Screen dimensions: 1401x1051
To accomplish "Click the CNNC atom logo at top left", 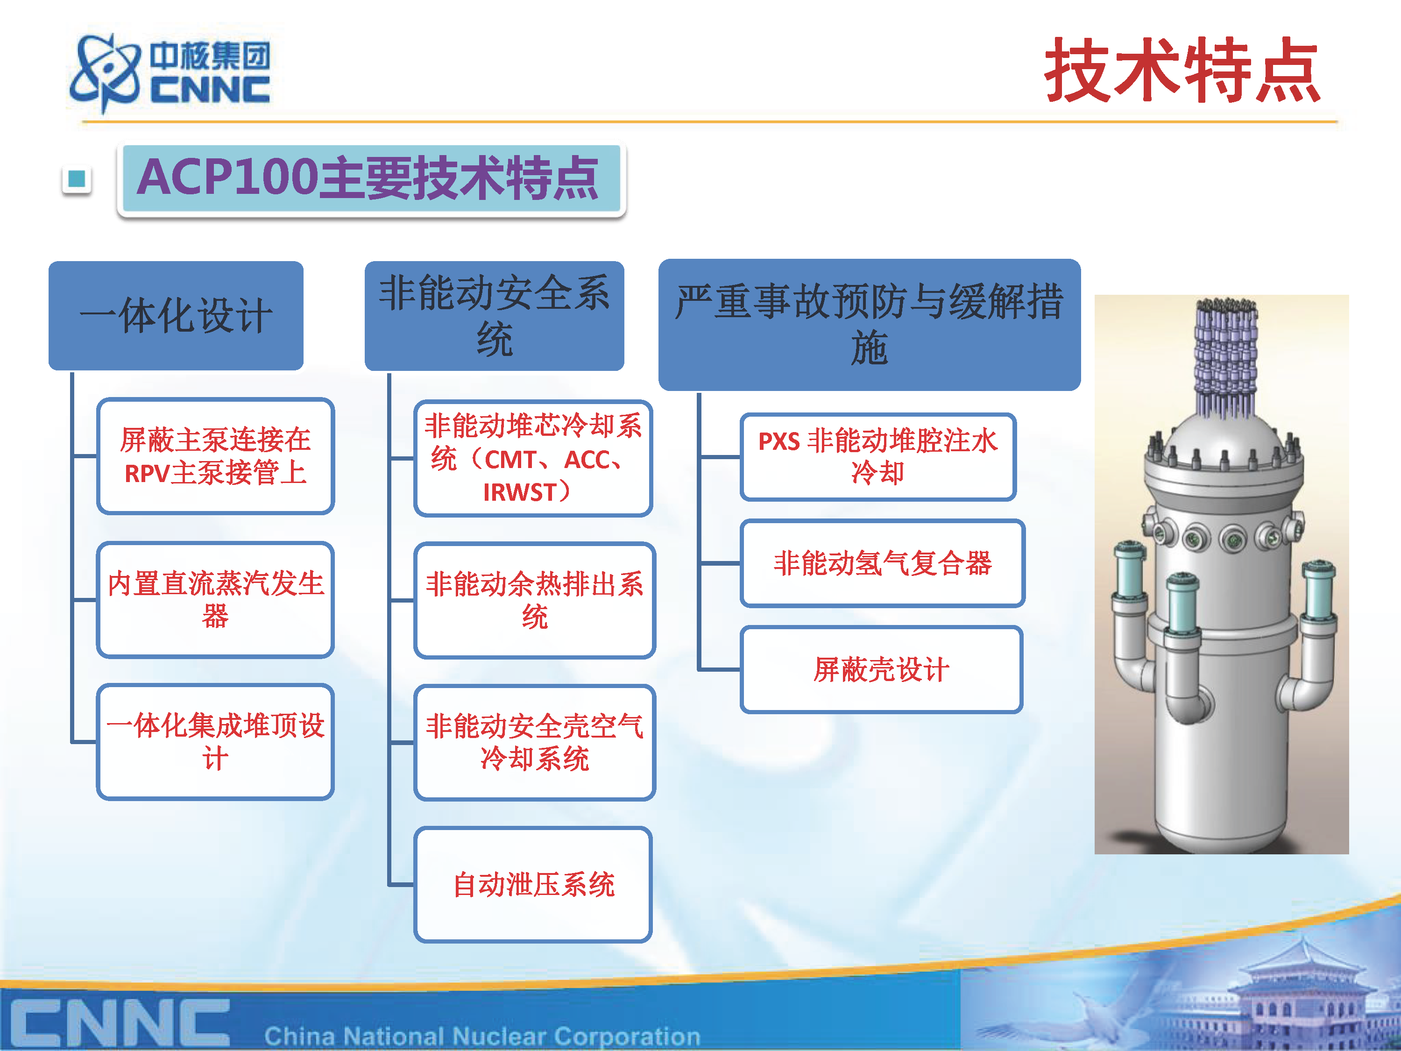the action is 105,73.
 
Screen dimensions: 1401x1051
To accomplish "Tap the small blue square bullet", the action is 77,179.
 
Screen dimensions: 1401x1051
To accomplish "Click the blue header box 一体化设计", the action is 176,315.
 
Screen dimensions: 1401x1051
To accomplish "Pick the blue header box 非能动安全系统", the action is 494,315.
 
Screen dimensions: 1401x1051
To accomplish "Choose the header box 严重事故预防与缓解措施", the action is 869,324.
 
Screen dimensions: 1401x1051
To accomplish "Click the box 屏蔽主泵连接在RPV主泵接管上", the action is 215,455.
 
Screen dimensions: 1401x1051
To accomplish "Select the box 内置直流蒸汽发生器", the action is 215,599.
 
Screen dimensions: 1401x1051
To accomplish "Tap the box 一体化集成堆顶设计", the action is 215,741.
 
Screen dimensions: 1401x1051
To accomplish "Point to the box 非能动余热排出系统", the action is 535,600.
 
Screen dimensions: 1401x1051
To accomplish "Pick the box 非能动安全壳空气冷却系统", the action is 535,742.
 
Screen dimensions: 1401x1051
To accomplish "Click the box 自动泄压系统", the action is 533,884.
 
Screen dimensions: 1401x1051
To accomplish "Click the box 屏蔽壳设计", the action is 881,670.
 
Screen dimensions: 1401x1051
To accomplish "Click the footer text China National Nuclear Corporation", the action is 482,1036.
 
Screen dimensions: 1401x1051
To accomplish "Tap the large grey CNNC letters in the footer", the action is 120,1023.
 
